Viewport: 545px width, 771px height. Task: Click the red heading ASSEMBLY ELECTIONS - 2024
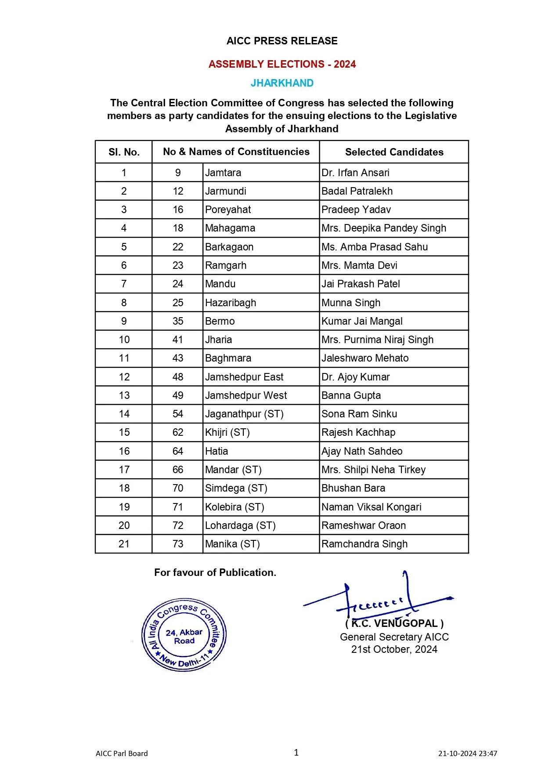pyautogui.click(x=282, y=64)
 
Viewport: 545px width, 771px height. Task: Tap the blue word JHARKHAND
pyautogui.click(x=282, y=83)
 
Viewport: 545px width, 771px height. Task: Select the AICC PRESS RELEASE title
pyautogui.click(x=282, y=41)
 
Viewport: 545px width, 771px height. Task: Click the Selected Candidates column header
pyautogui.click(x=394, y=152)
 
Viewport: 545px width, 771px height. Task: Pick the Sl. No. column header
pyautogui.click(x=124, y=152)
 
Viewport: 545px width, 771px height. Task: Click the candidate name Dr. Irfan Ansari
pyautogui.click(x=355, y=173)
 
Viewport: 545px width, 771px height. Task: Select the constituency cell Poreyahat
pyautogui.click(x=228, y=210)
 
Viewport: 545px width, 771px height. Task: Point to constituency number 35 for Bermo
pyautogui.click(x=178, y=321)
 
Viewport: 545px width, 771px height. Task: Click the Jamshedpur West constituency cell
pyautogui.click(x=246, y=395)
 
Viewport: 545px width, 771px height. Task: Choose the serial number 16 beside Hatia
pyautogui.click(x=124, y=451)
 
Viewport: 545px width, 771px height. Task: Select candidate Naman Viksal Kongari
pyautogui.click(x=371, y=507)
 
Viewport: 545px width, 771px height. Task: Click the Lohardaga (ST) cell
pyautogui.click(x=240, y=525)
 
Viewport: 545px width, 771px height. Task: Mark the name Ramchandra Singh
pyautogui.click(x=365, y=544)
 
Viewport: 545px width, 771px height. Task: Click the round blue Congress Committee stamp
pyautogui.click(x=184, y=635)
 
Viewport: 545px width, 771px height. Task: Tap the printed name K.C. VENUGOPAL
pyautogui.click(x=394, y=623)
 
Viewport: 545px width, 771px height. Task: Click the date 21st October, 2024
pyautogui.click(x=394, y=649)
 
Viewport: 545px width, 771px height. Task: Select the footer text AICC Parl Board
pyautogui.click(x=122, y=753)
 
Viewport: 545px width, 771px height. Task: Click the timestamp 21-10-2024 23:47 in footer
pyautogui.click(x=467, y=753)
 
